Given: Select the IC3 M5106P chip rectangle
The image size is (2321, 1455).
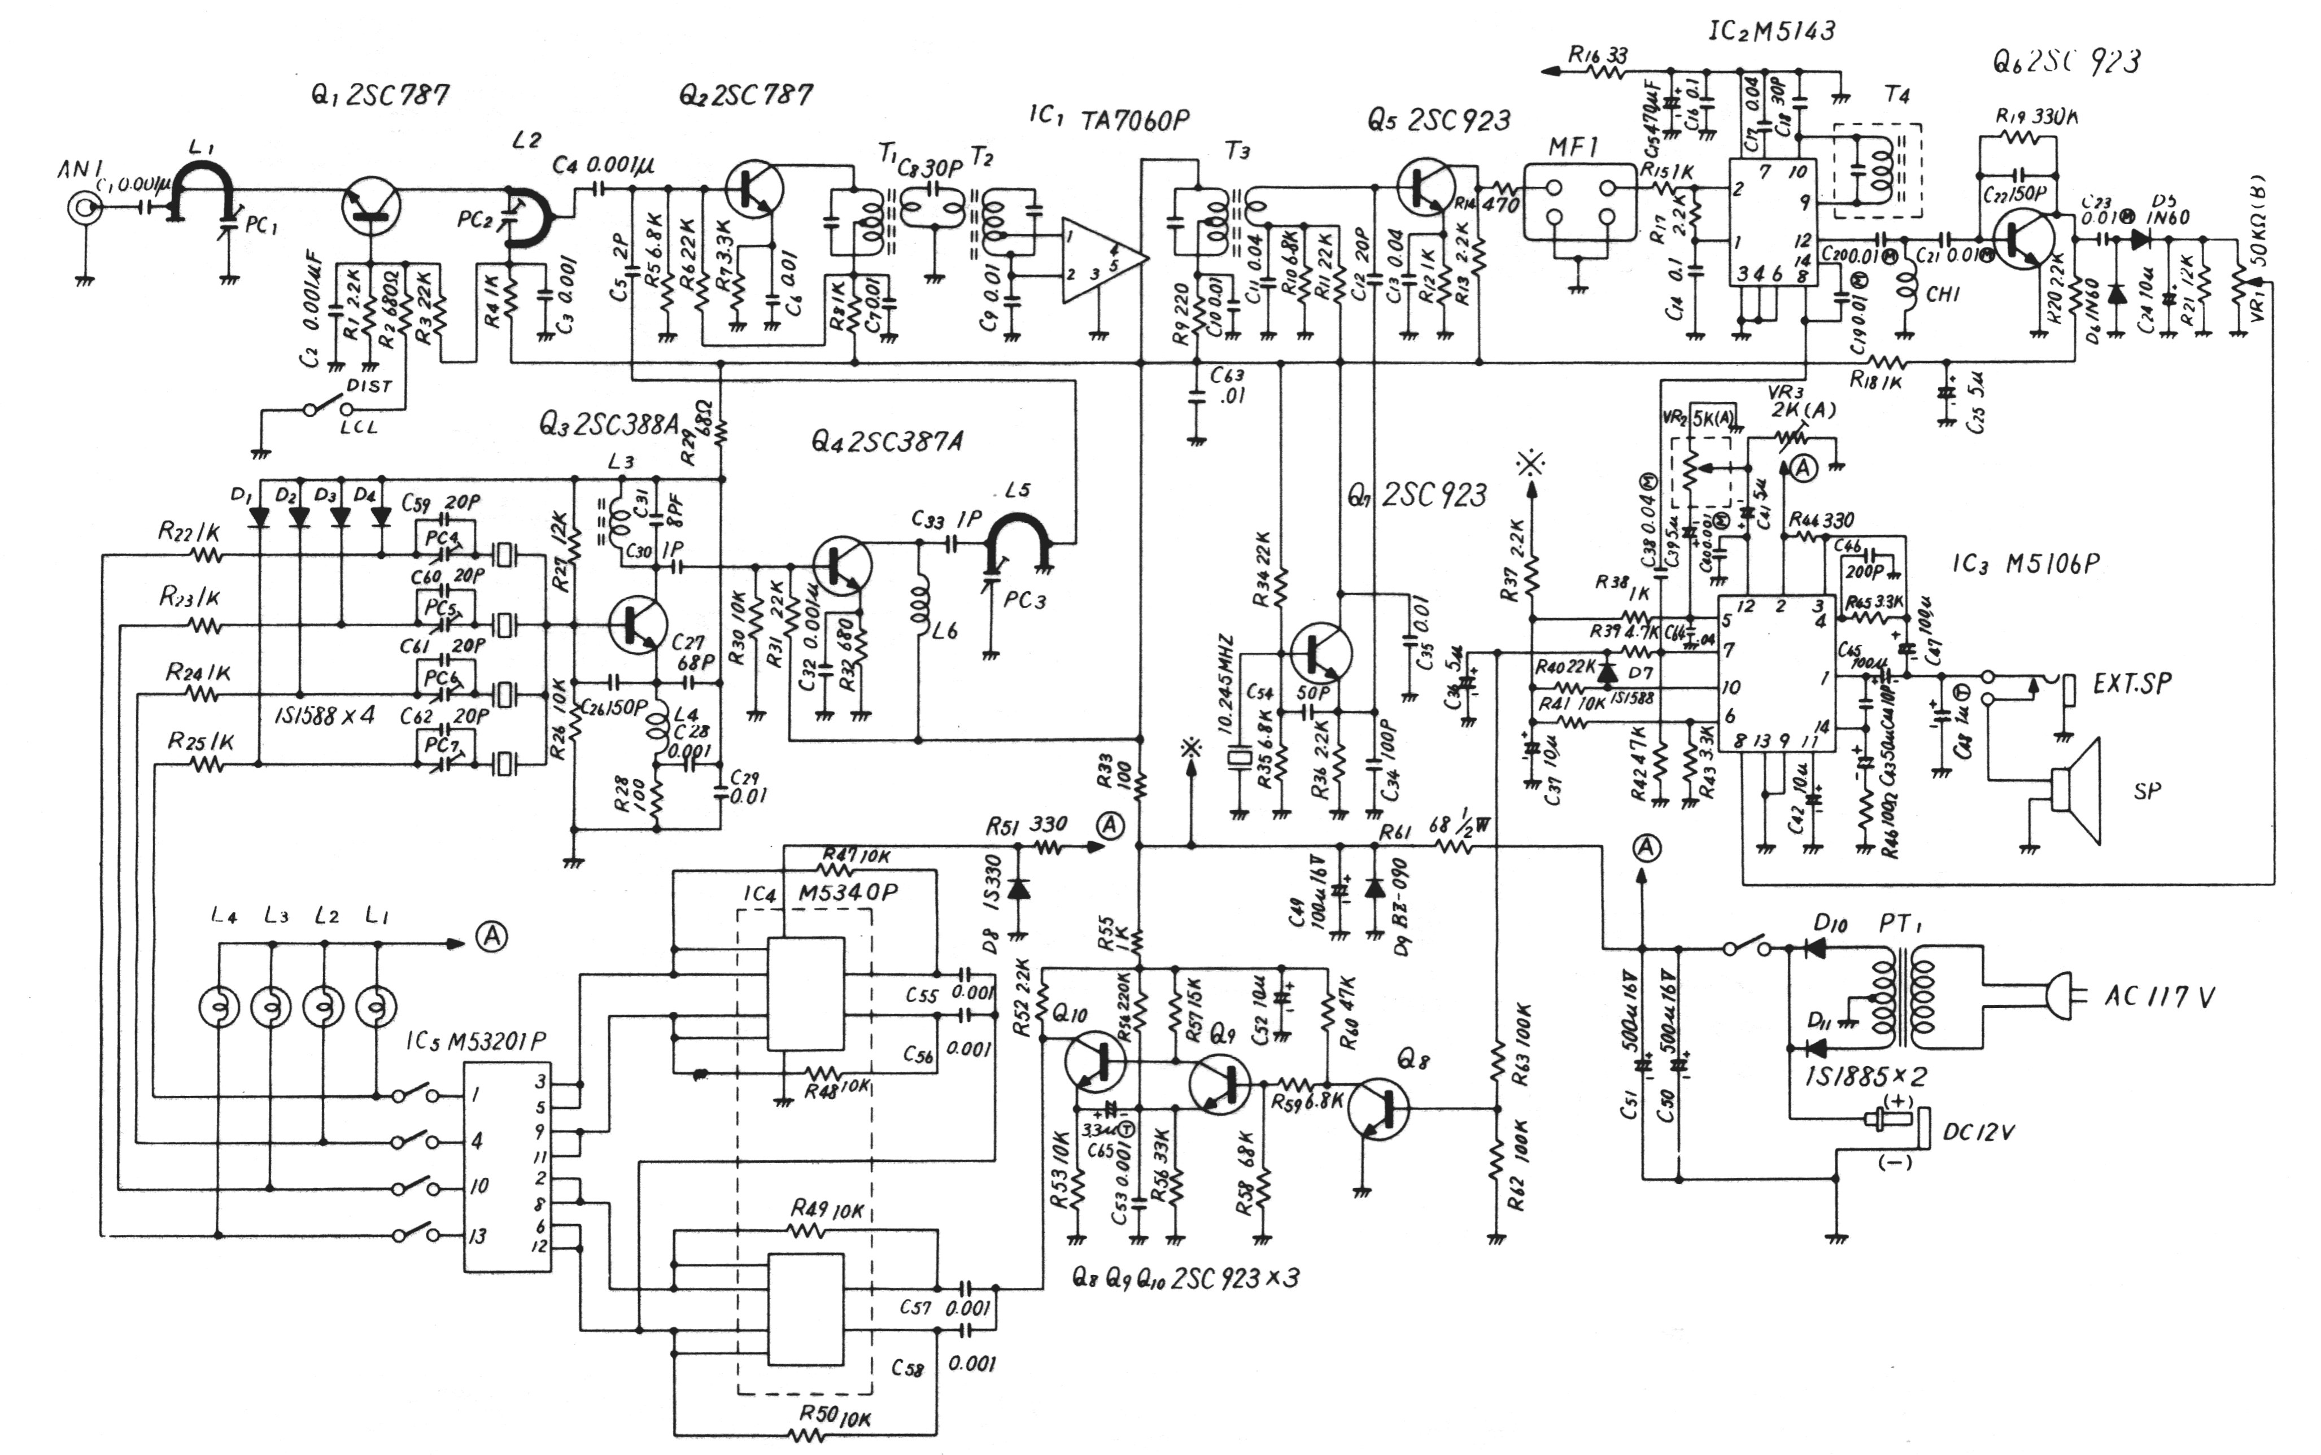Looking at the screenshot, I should [x=1777, y=674].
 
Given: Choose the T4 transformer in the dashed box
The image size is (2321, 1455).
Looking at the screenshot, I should [x=1877, y=171].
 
